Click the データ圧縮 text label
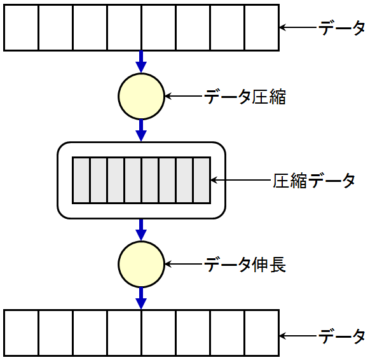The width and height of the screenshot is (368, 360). pos(245,97)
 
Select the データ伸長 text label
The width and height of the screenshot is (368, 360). pos(245,265)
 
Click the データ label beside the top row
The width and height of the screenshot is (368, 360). pos(342,28)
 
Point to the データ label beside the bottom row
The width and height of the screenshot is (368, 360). pos(342,336)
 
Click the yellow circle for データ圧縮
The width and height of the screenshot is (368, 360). pos(141,96)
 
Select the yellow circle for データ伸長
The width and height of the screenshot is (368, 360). pos(141,264)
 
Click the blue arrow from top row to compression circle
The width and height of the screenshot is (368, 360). pos(141,62)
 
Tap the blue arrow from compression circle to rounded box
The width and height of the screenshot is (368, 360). pos(141,130)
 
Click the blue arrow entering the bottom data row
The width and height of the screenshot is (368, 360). pos(141,298)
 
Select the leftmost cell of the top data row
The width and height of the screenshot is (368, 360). pos(21,28)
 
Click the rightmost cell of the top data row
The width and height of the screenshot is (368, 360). pos(261,28)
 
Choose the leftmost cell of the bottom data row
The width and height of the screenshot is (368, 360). pos(21,333)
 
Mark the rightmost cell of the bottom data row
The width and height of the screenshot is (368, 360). pos(261,333)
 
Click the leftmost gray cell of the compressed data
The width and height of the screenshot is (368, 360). pos(81,180)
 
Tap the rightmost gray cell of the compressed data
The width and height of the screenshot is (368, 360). pos(201,180)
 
